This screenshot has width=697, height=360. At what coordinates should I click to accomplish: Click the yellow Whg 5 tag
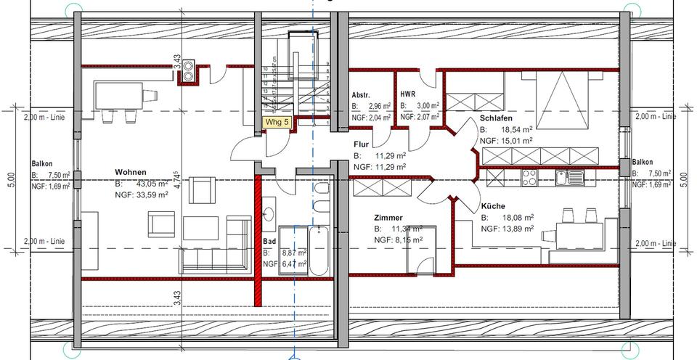(x=277, y=123)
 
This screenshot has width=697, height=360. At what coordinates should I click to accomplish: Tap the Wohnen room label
(x=131, y=171)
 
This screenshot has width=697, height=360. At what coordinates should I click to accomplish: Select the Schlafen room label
(x=497, y=119)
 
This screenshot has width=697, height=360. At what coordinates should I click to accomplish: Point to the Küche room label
(x=494, y=206)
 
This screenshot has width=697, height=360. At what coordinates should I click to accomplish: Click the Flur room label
(x=362, y=144)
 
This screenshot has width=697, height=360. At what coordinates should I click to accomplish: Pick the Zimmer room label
(x=388, y=218)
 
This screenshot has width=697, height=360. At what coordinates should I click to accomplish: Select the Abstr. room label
(x=361, y=96)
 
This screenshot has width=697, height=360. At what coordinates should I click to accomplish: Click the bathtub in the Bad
(x=319, y=251)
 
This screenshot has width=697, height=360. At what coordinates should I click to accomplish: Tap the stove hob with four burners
(x=530, y=177)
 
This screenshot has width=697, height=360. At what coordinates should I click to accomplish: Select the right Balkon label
(x=643, y=163)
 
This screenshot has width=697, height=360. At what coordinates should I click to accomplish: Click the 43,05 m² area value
(x=147, y=182)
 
